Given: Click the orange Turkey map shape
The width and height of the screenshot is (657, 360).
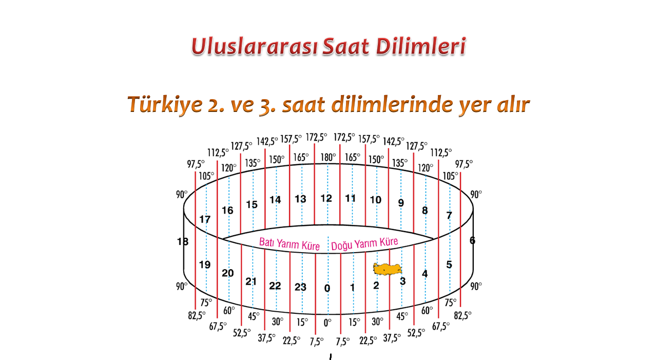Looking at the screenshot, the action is (x=388, y=269).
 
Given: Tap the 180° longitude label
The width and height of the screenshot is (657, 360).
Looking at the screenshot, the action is (x=328, y=158).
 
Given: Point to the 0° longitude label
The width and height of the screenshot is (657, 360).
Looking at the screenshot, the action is (x=327, y=323).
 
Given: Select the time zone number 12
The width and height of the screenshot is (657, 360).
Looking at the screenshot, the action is (x=326, y=198).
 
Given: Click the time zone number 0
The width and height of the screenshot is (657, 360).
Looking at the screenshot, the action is (x=327, y=289).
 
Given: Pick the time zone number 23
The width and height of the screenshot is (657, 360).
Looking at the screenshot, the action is (x=300, y=287).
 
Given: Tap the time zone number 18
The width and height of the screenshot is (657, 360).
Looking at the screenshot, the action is (x=183, y=241).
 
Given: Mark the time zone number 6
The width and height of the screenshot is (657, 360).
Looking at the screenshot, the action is (x=472, y=240).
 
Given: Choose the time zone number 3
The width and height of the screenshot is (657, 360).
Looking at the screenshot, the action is (x=403, y=281).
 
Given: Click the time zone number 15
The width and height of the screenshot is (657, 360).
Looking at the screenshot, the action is (x=252, y=204).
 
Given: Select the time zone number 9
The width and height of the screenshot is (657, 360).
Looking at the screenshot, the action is (x=401, y=203).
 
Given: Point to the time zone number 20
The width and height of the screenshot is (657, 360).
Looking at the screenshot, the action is (x=227, y=273).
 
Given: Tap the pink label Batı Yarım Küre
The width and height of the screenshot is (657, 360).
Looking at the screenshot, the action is (x=289, y=244).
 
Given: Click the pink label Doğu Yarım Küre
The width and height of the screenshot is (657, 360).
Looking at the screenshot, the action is (x=364, y=244).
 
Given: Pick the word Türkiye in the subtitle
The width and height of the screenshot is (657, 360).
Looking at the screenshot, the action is (x=165, y=104).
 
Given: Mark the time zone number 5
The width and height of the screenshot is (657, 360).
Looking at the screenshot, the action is (x=449, y=264).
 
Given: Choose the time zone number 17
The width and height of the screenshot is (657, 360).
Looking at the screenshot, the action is (x=205, y=219).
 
